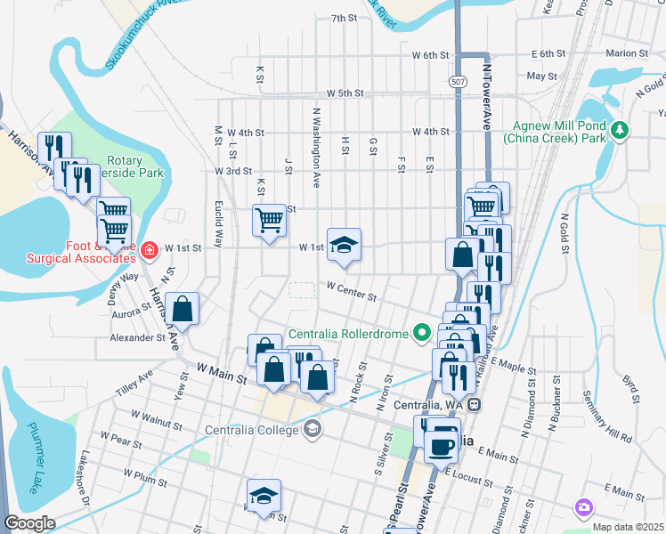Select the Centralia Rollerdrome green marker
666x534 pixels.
(423, 334)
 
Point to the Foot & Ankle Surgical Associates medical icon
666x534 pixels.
(149, 252)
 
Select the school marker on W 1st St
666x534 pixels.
(343, 245)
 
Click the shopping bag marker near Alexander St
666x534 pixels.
(182, 310)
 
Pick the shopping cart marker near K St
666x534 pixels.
(269, 220)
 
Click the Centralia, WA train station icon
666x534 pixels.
(475, 404)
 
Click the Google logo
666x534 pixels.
(29, 523)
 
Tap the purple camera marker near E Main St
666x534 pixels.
(583, 507)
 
